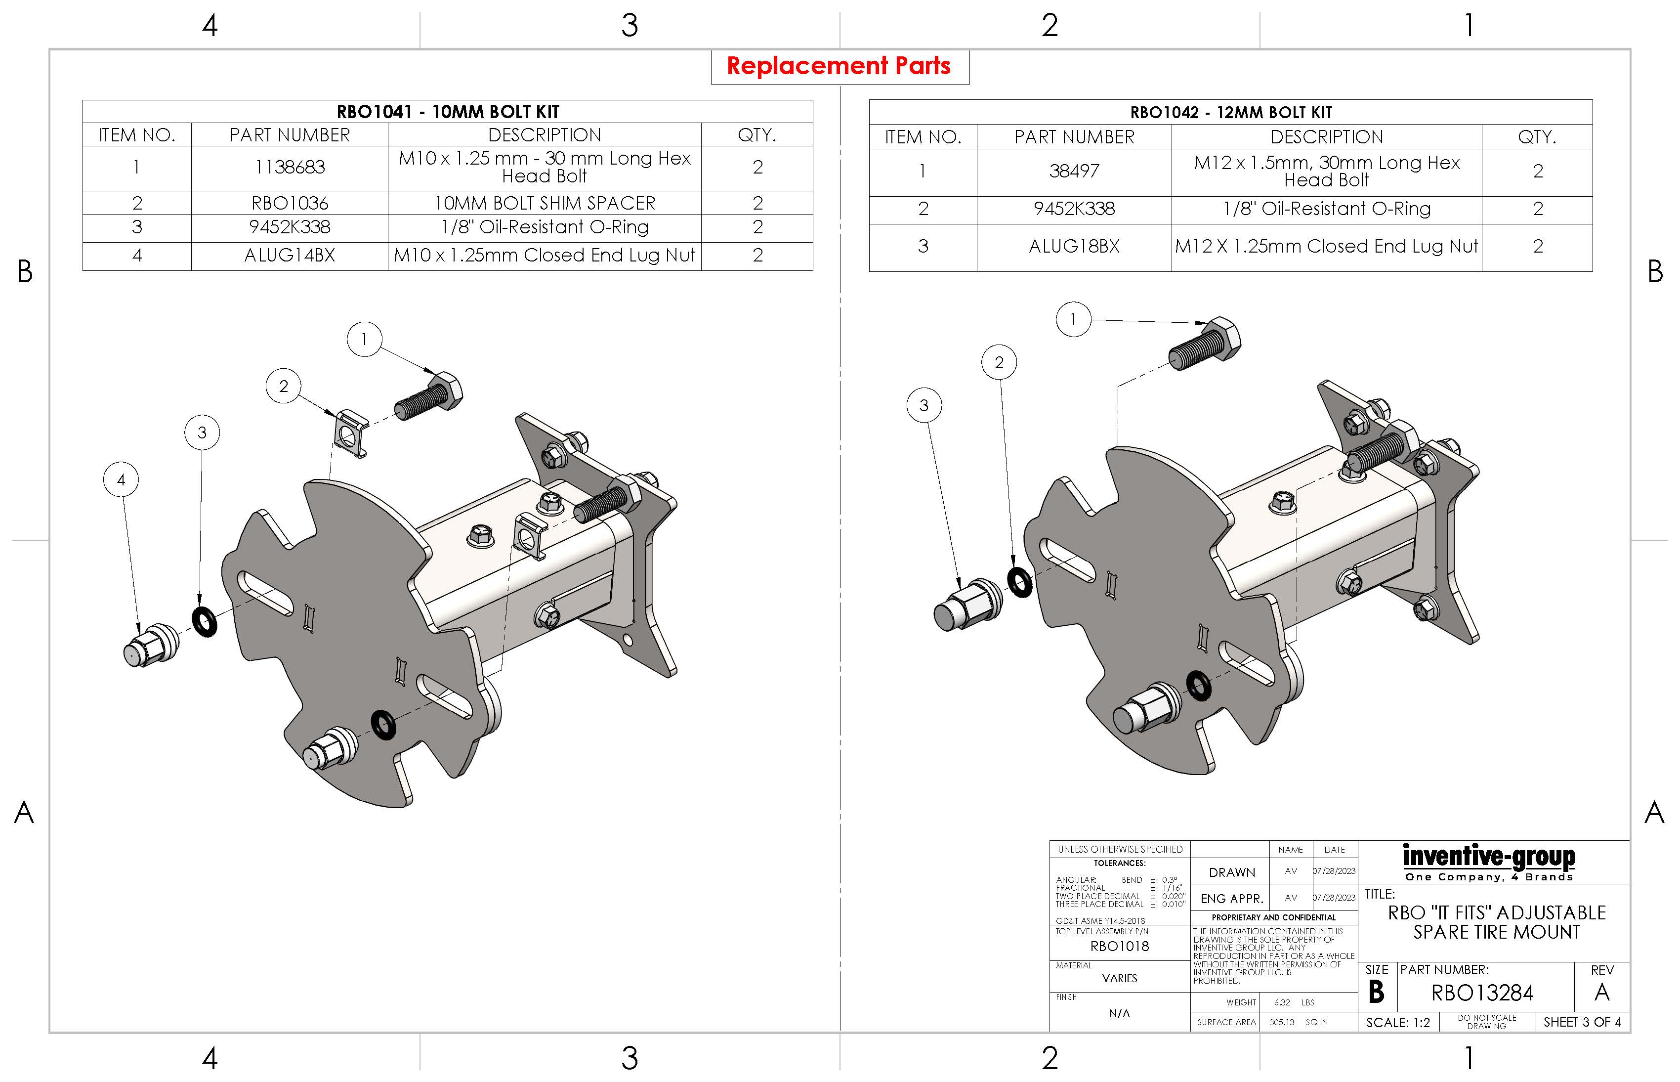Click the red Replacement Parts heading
[839, 66]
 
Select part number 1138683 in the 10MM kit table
[290, 167]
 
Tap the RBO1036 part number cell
[290, 203]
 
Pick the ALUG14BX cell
[290, 255]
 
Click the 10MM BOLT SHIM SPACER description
[545, 203]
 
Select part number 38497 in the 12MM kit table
[1074, 171]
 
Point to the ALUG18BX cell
[1074, 246]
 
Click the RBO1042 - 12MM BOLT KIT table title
[1230, 112]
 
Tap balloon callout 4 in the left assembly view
[121, 480]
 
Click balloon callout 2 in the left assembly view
[284, 386]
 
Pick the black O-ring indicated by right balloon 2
[1020, 582]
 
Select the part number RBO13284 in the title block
[1482, 993]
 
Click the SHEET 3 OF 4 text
[1582, 1022]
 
